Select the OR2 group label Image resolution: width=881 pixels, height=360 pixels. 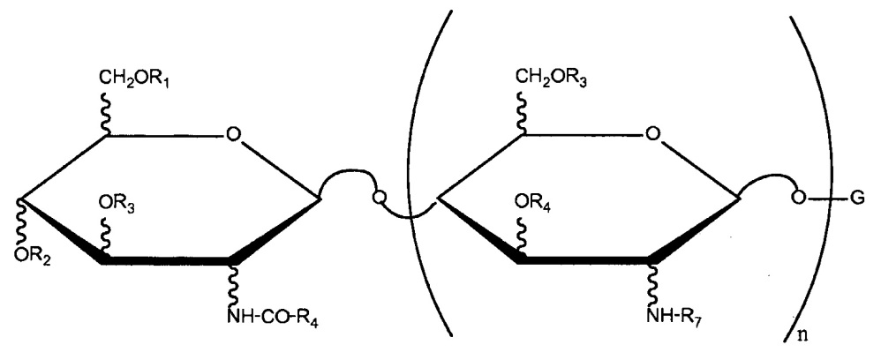coord(34,256)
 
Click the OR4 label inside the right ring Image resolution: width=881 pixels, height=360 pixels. coord(534,202)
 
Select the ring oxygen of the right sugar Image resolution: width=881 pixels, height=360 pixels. coord(651,135)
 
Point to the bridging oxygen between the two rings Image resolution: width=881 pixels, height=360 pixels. coord(380,198)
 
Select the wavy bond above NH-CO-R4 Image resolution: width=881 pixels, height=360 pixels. coord(233,287)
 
